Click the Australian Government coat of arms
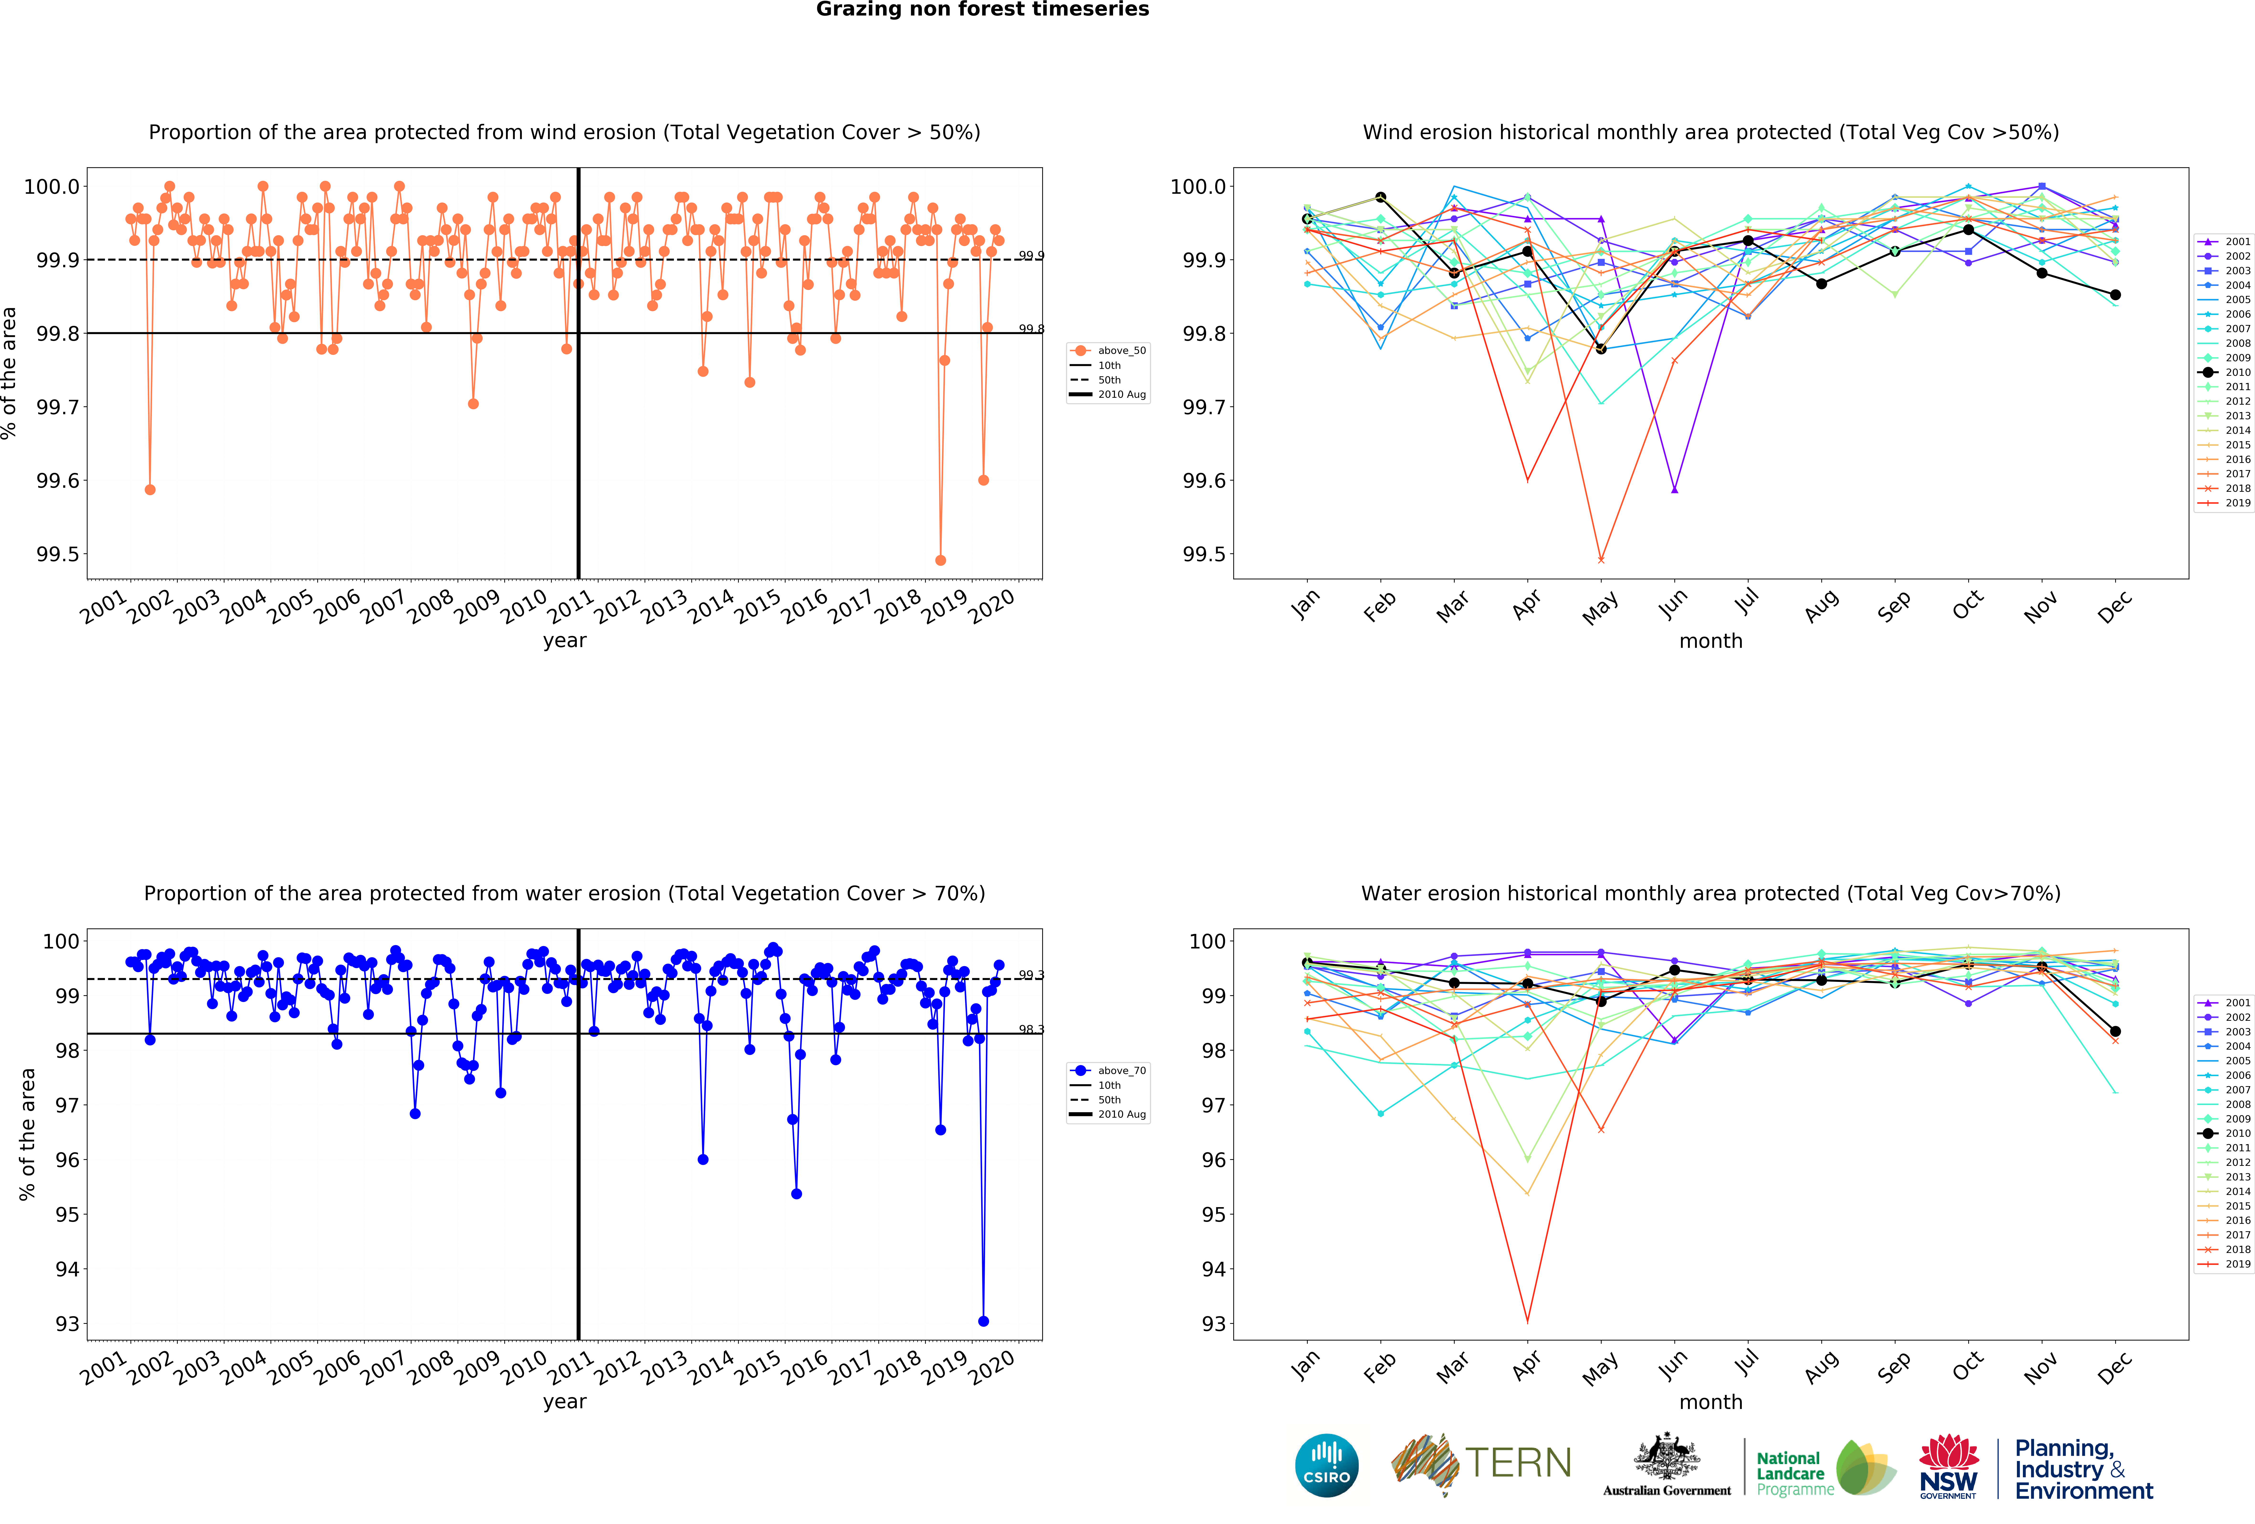click(x=1666, y=1456)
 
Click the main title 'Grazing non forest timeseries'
click(x=982, y=10)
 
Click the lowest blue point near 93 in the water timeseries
click(x=983, y=1321)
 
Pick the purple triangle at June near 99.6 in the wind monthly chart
click(x=1674, y=489)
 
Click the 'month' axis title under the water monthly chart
click(x=1711, y=1402)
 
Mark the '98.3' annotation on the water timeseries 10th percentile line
click(x=1031, y=1029)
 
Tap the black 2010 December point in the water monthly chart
click(x=2115, y=1032)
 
